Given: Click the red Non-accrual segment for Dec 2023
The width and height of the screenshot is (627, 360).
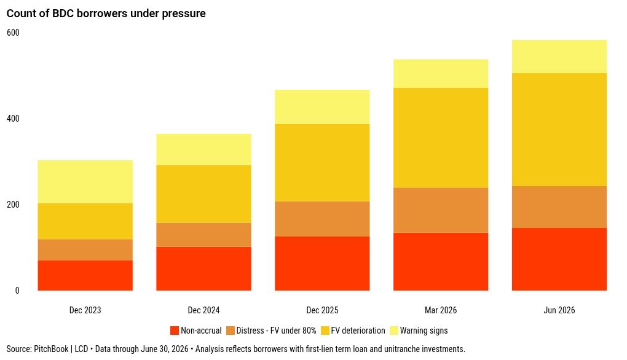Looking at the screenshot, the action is pyautogui.click(x=85, y=275).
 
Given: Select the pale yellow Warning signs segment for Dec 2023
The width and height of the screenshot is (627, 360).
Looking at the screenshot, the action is pyautogui.click(x=85, y=182).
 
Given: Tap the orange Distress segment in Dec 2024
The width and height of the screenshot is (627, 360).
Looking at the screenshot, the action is pyautogui.click(x=203, y=235).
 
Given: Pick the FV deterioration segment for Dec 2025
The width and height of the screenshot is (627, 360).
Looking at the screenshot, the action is pyautogui.click(x=322, y=163).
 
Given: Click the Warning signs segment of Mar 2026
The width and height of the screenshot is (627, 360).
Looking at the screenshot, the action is pyautogui.click(x=441, y=74).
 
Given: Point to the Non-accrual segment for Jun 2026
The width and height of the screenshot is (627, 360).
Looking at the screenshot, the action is pyautogui.click(x=559, y=259).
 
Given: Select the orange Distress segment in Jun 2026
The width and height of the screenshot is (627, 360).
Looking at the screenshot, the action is pyautogui.click(x=559, y=207).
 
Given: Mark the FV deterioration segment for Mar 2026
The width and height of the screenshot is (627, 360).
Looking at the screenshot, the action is pyautogui.click(x=441, y=138).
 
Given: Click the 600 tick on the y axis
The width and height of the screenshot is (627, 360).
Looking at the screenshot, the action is pyautogui.click(x=13, y=33).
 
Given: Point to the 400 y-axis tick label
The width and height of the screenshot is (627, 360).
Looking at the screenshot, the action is pyautogui.click(x=13, y=119).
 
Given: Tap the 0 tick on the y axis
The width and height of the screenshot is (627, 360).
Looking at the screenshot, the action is pyautogui.click(x=17, y=291).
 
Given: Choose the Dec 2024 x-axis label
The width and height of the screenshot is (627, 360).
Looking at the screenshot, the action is pyautogui.click(x=203, y=310).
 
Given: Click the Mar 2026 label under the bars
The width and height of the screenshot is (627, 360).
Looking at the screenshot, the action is pyautogui.click(x=441, y=310).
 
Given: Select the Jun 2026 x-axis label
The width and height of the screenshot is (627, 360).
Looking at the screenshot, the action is pyautogui.click(x=559, y=310).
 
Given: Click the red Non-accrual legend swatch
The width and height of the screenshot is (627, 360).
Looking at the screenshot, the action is pyautogui.click(x=175, y=331).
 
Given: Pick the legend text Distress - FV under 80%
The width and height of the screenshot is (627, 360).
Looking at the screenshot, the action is pyautogui.click(x=276, y=331).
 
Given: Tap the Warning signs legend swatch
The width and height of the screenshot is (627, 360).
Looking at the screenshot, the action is pyautogui.click(x=394, y=331).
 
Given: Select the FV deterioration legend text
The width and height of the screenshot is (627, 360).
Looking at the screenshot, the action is pyautogui.click(x=358, y=331).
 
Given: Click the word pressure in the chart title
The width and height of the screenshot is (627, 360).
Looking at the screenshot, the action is pyautogui.click(x=184, y=14).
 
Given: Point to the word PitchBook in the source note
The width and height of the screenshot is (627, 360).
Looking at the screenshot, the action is pyautogui.click(x=51, y=349).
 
